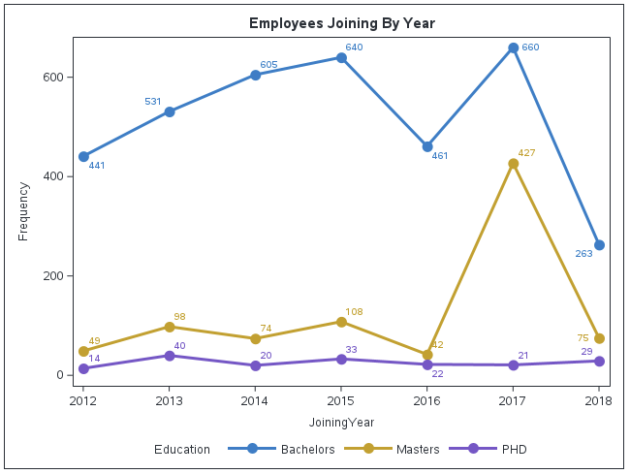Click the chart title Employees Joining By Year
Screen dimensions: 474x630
341,23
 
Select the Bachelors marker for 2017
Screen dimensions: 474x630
514,47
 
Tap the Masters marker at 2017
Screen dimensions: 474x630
514,164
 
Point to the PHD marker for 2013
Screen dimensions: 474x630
170,356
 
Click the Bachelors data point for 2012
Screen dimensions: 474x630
84,156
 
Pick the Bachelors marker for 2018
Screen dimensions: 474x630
599,245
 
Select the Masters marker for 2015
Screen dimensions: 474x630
341,322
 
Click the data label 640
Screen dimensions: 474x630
354,47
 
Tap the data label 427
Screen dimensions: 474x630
526,153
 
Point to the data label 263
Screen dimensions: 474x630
583,254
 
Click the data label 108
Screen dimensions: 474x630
354,312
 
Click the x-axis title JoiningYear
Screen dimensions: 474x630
341,423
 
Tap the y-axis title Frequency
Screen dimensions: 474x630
24,210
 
